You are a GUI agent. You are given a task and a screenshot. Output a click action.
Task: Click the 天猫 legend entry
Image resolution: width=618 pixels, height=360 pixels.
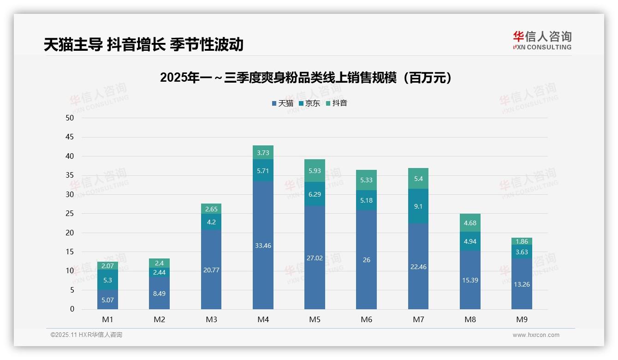(283, 103)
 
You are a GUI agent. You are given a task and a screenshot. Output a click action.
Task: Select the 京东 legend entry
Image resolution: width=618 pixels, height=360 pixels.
(309, 103)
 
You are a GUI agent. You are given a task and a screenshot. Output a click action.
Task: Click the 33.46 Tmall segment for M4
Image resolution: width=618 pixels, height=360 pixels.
(263, 246)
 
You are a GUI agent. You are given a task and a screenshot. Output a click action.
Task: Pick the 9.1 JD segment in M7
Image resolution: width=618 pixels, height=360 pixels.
(418, 206)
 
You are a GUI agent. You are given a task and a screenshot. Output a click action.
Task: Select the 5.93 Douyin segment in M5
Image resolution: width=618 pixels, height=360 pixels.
(315, 171)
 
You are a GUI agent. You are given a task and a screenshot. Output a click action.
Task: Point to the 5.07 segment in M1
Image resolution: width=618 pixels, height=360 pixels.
(107, 300)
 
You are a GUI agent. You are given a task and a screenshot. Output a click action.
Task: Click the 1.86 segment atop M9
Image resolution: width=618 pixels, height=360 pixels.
(522, 241)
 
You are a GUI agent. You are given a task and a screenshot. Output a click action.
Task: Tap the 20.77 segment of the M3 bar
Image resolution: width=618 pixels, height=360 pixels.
(211, 270)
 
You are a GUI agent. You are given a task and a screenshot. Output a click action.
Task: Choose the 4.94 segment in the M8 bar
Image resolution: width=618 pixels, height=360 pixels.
(470, 241)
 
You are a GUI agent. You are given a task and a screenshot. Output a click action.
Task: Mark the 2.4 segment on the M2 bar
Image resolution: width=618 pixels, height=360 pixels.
(159, 263)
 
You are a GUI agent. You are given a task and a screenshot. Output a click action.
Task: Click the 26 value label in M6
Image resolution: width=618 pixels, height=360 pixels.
(366, 260)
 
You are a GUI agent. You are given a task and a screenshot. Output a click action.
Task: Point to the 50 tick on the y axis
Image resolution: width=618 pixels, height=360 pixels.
(70, 118)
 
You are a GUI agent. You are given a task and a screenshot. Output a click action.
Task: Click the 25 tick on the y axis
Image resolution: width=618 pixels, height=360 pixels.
(70, 214)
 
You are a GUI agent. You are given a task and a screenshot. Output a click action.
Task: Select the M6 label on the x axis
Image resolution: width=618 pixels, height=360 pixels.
(366, 319)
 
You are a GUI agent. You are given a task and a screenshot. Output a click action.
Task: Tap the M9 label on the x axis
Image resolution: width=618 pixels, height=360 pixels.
(522, 319)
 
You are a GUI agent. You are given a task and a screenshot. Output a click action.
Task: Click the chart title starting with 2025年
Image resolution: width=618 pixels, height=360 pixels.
(306, 78)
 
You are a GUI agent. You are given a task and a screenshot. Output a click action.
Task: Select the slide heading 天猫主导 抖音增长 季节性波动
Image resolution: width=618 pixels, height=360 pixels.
(143, 44)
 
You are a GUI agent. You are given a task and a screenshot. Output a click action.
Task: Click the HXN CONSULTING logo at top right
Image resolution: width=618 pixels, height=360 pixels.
(542, 41)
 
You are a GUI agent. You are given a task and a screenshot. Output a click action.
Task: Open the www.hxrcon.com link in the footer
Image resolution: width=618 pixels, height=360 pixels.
(536, 335)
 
